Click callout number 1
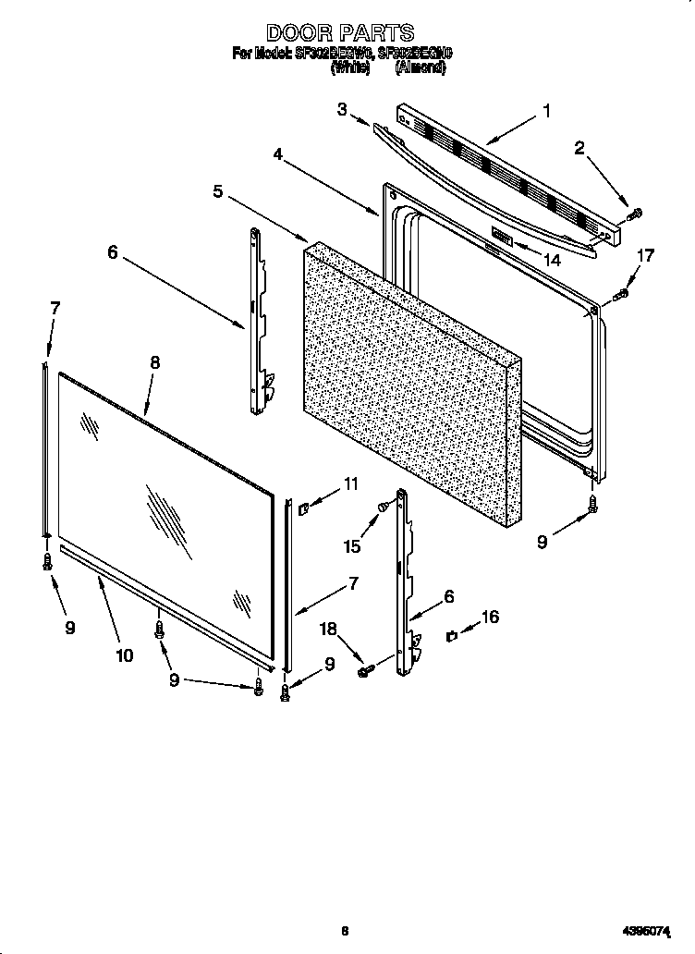[x=546, y=111]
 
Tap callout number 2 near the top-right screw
[x=579, y=148]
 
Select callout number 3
[x=342, y=110]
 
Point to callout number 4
[x=278, y=153]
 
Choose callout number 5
[x=218, y=191]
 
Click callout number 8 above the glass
[x=154, y=363]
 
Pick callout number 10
[x=124, y=655]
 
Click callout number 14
[x=553, y=261]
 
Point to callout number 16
[x=490, y=617]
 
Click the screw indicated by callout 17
[x=621, y=295]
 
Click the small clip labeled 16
[x=451, y=635]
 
